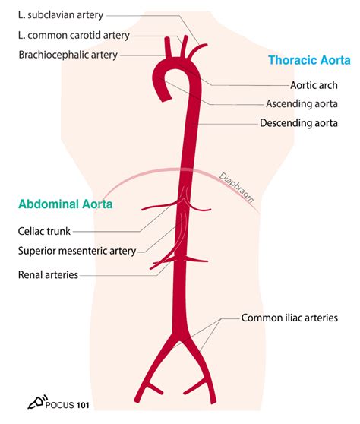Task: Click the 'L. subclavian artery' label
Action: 61,15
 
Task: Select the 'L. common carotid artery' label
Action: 74,35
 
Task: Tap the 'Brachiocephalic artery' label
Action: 68,55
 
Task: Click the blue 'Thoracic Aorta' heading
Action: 309,60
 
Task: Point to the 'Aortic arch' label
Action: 314,85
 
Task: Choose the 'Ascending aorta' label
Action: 302,103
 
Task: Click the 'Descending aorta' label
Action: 298,123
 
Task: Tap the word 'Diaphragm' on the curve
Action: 236,188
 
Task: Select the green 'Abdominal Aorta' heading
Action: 65,204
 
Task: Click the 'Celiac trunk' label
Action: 44,231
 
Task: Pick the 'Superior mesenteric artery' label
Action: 77,251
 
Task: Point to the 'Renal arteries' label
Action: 48,275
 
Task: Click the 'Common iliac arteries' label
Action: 289,318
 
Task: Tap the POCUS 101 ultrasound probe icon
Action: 37,401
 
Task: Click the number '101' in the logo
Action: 83,405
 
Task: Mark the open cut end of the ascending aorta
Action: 166,98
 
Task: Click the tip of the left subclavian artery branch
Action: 206,45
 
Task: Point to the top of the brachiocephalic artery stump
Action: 167,39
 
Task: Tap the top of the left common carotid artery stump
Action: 186,36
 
